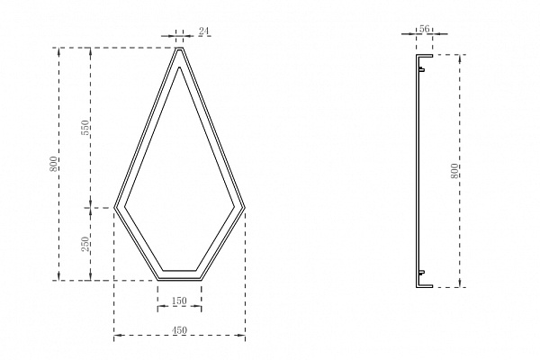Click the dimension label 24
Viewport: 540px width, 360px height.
[x=203, y=31]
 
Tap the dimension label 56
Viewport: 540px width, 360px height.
[x=425, y=29]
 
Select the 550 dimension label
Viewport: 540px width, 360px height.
[x=86, y=127]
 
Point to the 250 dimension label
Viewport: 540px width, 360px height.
[x=86, y=244]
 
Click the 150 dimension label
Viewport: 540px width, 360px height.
[x=179, y=301]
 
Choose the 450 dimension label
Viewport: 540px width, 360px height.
[x=179, y=330]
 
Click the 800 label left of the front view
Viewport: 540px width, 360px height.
[x=54, y=164]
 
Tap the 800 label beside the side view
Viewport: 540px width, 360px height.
[x=454, y=171]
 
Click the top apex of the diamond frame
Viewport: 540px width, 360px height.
[x=179, y=48]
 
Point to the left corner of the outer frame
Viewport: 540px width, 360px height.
[x=114, y=208]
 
